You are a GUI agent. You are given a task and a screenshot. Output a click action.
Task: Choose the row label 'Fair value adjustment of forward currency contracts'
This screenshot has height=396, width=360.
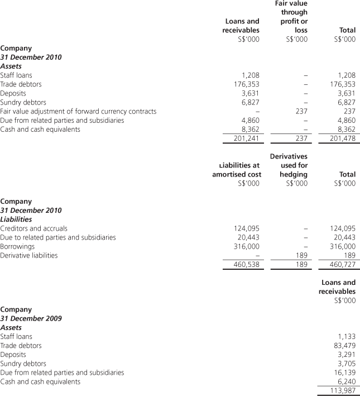click(78, 111)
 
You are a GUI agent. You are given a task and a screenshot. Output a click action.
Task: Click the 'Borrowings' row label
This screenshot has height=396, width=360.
click(17, 246)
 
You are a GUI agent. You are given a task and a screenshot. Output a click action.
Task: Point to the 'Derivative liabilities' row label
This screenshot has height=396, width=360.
click(28, 255)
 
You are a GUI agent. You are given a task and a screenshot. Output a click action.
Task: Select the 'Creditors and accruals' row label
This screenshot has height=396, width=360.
click(33, 228)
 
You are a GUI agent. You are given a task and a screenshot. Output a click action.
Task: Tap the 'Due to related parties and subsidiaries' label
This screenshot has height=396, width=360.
click(58, 237)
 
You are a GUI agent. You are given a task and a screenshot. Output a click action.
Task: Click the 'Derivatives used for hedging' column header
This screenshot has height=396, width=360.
click(289, 165)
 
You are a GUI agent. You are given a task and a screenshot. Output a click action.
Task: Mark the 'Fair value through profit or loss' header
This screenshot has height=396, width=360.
click(291, 17)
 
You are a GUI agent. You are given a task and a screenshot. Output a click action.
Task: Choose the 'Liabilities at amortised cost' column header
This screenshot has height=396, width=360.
click(237, 170)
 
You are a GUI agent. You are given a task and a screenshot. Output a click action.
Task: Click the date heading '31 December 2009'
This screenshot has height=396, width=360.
click(31, 318)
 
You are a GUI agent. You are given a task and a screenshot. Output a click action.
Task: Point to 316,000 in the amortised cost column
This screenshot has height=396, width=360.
click(246, 246)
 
